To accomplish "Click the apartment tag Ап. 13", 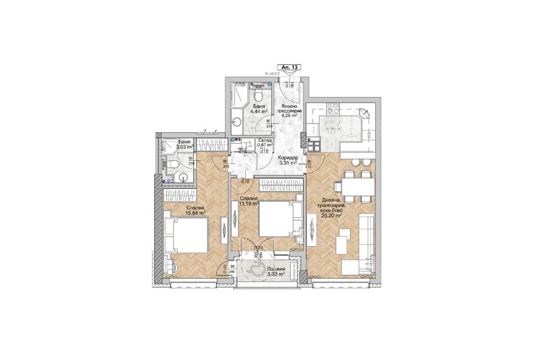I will pos(290,67).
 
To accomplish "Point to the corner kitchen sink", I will pos(364,113).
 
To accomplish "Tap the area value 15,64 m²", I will pos(195,213).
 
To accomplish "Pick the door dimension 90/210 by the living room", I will pos(309,164).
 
